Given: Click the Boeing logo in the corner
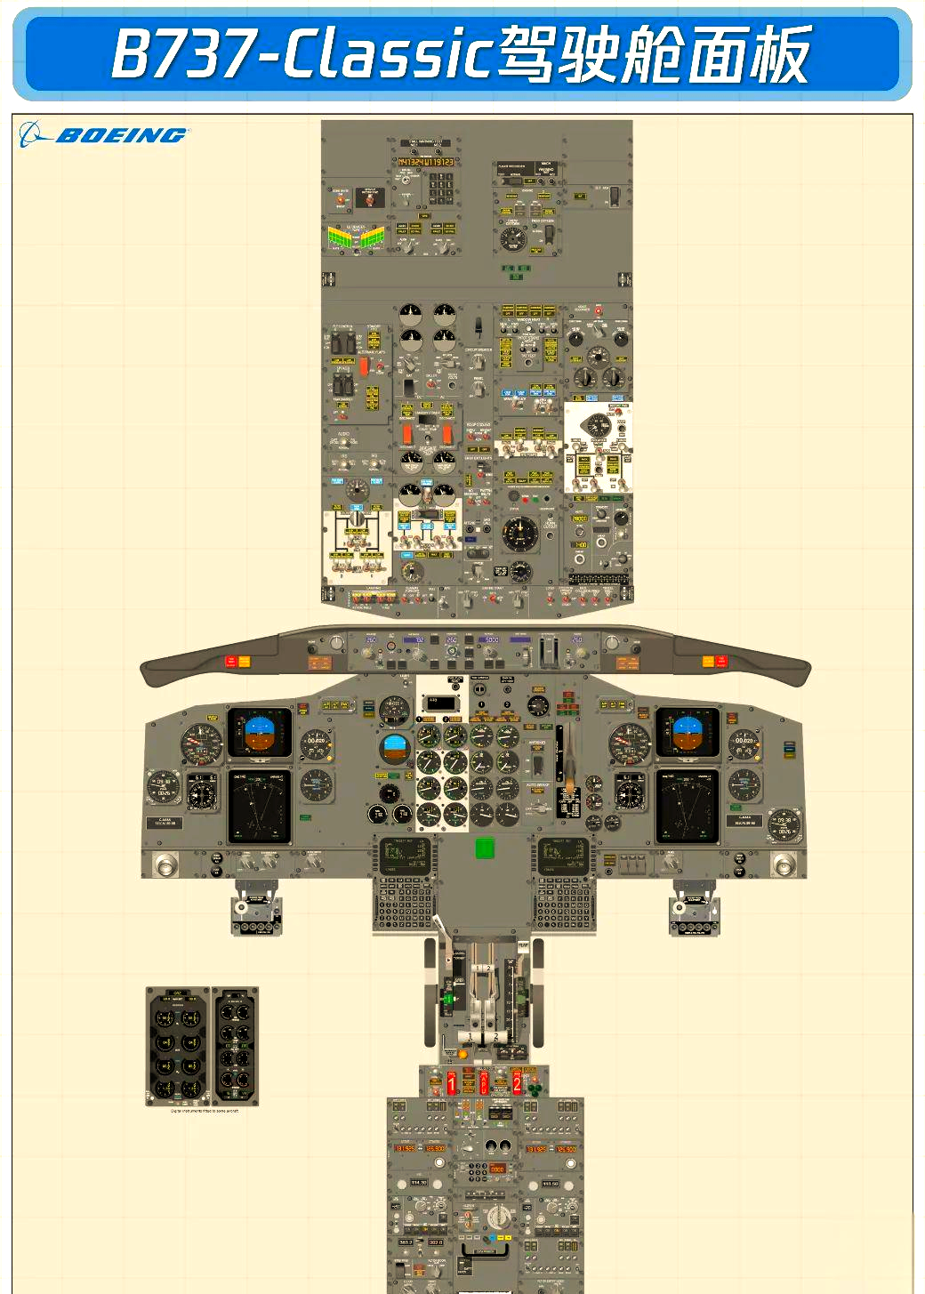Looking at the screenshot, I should pyautogui.click(x=103, y=135).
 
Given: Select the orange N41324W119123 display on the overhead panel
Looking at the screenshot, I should pyautogui.click(x=425, y=162).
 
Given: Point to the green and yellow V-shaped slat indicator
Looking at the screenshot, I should pyautogui.click(x=356, y=237).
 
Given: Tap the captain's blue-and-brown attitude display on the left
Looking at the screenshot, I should pyautogui.click(x=260, y=732).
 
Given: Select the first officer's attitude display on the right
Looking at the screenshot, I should pyautogui.click(x=687, y=732).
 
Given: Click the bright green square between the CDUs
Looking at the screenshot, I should pyautogui.click(x=484, y=848).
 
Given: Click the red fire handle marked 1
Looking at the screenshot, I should pyautogui.click(x=451, y=1082).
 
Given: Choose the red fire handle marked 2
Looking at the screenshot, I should pyautogui.click(x=516, y=1082).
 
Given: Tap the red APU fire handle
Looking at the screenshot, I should pyautogui.click(x=484, y=1082).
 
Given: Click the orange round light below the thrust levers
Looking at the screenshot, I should pyautogui.click(x=462, y=1054).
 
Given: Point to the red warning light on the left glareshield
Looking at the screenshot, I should pyautogui.click(x=230, y=661).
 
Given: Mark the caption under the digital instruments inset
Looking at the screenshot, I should pyautogui.click(x=204, y=1111).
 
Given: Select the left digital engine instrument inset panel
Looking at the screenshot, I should pyautogui.click(x=177, y=1046).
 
